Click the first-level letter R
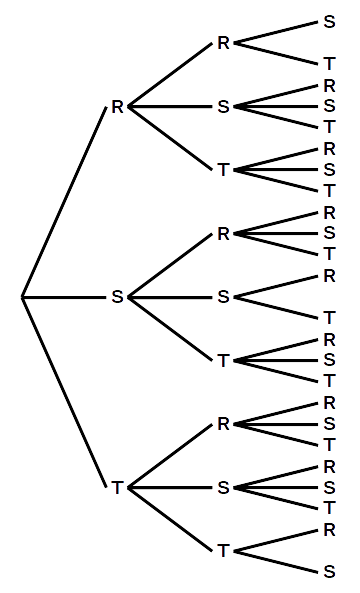click(117, 107)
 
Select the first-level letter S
click(117, 297)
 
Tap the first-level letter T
click(117, 487)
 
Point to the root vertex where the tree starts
click(22, 297)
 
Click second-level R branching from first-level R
click(223, 43)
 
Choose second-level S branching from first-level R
click(223, 107)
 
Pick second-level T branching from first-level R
click(223, 170)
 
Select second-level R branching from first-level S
click(223, 234)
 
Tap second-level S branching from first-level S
click(223, 297)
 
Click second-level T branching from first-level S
click(223, 360)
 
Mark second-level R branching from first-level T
click(223, 424)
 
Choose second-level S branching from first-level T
click(223, 487)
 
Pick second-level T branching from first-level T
click(223, 550)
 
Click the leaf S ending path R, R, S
click(329, 21)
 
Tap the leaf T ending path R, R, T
click(329, 64)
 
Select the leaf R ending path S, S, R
click(329, 276)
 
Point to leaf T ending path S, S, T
click(329, 318)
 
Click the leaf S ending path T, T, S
click(329, 572)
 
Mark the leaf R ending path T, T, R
click(329, 529)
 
